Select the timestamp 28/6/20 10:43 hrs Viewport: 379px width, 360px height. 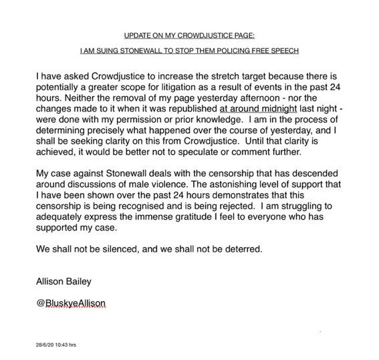(57, 345)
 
